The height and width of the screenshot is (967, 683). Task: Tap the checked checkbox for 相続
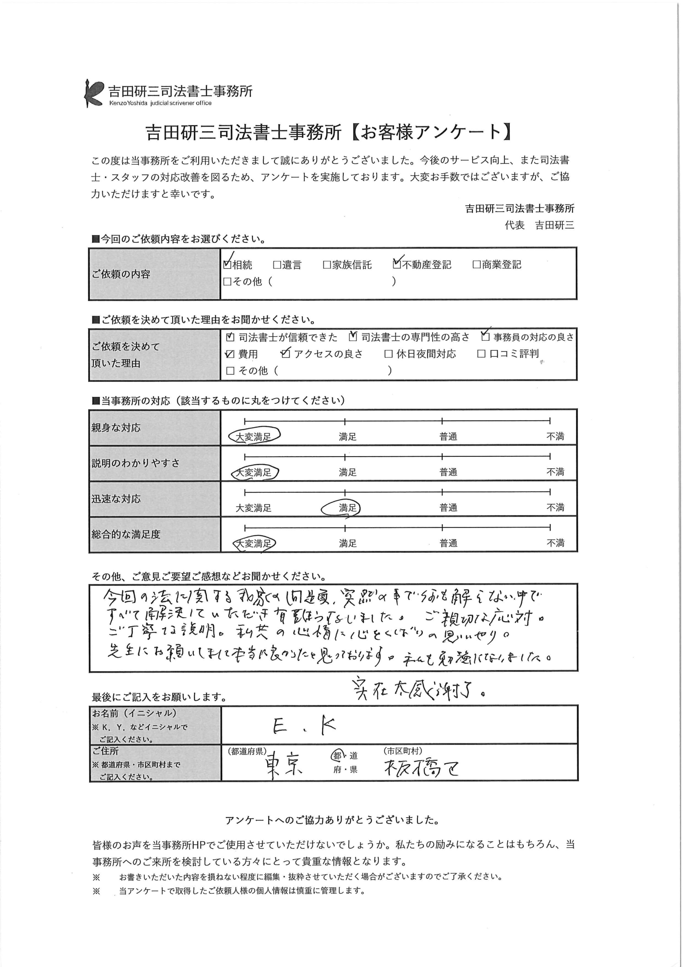pos(227,264)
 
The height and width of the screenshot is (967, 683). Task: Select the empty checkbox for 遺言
pos(277,265)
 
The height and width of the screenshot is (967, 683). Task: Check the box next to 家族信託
pos(326,265)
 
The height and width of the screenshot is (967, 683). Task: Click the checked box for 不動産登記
pos(397,264)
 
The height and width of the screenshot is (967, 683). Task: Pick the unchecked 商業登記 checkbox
pos(476,264)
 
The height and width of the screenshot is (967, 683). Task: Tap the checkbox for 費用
pos(230,354)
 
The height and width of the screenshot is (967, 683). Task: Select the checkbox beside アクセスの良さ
pos(286,354)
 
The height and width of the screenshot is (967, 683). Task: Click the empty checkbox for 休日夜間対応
pos(388,354)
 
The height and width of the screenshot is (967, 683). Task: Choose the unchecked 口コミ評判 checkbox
pos(481,354)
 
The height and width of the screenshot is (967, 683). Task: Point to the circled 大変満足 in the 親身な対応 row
pos(254,437)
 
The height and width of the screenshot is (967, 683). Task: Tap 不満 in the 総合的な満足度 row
pos(555,543)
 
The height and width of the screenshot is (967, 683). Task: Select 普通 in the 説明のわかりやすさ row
pos(448,473)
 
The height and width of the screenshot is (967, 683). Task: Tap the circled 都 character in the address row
pos(337,755)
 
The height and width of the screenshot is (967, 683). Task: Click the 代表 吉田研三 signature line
pos(539,226)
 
